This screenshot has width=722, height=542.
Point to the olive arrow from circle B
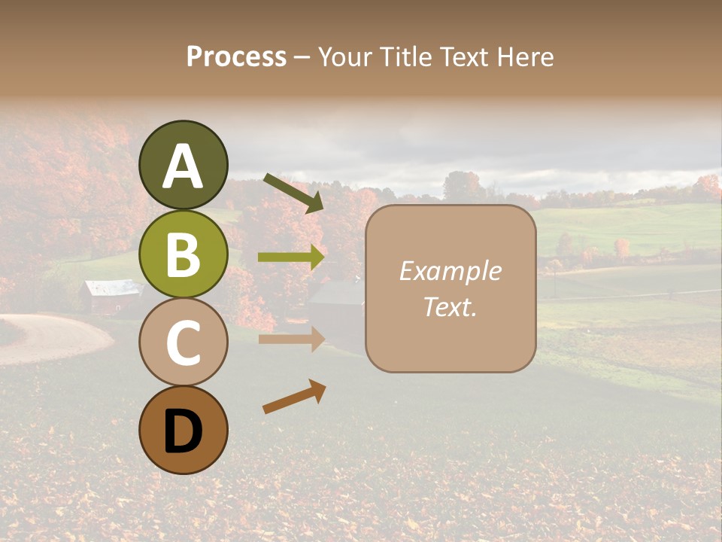click(x=291, y=257)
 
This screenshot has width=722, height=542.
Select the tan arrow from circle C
click(x=291, y=339)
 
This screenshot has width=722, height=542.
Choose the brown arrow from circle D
click(x=294, y=397)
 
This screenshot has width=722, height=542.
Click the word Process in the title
click(x=236, y=57)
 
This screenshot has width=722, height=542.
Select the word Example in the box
click(x=450, y=271)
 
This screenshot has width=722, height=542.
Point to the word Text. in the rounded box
click(x=450, y=306)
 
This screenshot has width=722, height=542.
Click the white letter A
click(x=183, y=167)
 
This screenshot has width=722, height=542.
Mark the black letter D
click(x=183, y=432)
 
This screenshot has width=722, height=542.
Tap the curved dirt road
click(x=53, y=339)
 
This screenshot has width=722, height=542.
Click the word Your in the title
click(x=347, y=57)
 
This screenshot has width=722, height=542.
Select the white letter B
click(x=183, y=254)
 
